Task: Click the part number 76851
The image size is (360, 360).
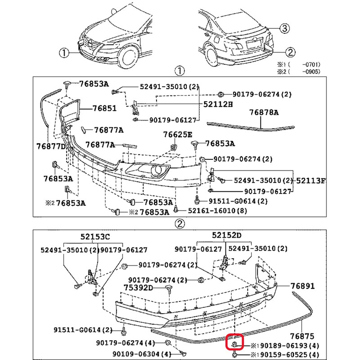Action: click(104, 108)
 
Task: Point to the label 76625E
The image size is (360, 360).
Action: click(177, 135)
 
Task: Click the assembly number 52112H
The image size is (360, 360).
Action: click(217, 104)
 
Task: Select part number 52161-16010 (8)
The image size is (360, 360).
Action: click(215, 210)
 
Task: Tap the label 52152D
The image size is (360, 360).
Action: click(227, 235)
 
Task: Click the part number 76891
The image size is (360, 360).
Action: click(302, 286)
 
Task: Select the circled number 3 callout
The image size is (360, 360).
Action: click(284, 28)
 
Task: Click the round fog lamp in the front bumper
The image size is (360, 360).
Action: click(157, 170)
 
